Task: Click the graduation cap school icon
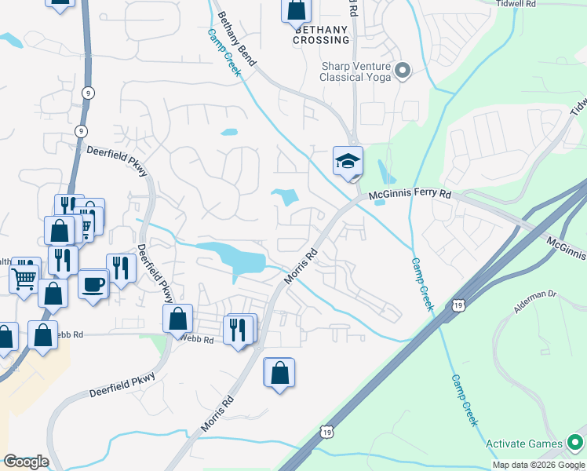[x=348, y=161]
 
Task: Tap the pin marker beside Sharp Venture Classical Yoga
[x=403, y=72]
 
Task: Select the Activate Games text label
[x=523, y=444]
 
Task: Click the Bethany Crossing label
[x=321, y=35]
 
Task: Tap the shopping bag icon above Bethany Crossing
[x=297, y=9]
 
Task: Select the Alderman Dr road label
[x=535, y=302]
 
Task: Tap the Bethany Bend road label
[x=236, y=38]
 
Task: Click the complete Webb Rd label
[x=197, y=339]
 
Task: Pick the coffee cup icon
[x=93, y=283]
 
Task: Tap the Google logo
[x=26, y=462]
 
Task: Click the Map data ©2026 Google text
[x=538, y=465]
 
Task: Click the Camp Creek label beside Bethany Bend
[x=224, y=49]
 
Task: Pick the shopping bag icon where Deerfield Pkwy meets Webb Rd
[x=178, y=319]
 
